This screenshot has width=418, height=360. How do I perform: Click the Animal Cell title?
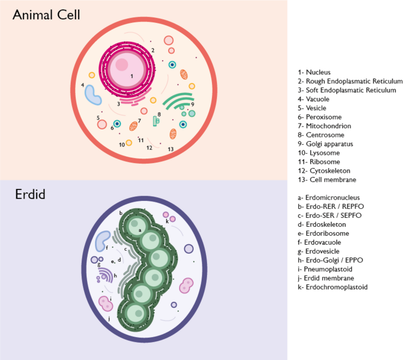pos(46,14)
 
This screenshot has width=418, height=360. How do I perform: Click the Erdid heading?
pos(30,194)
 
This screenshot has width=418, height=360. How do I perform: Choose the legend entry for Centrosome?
pos(324,135)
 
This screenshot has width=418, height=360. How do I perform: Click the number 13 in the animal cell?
pos(171,149)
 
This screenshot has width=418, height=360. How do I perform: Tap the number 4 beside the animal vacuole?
pos(83,85)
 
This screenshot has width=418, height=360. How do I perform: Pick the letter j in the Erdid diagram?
pos(109,319)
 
